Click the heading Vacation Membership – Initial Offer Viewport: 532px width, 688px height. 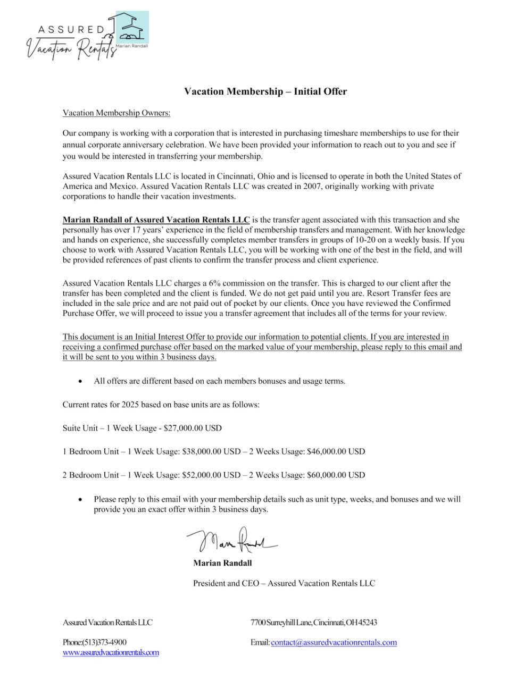tap(265, 91)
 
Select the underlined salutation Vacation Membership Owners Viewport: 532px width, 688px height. tap(117, 113)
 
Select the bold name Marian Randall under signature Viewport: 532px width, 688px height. tap(222, 563)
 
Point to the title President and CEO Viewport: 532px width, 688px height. tap(226, 583)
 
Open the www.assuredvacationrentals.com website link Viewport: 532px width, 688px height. tap(111, 652)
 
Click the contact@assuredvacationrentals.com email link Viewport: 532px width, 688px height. tap(334, 642)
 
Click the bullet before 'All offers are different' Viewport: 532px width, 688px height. tap(80, 381)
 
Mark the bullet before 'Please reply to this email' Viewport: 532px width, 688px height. tap(80, 499)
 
